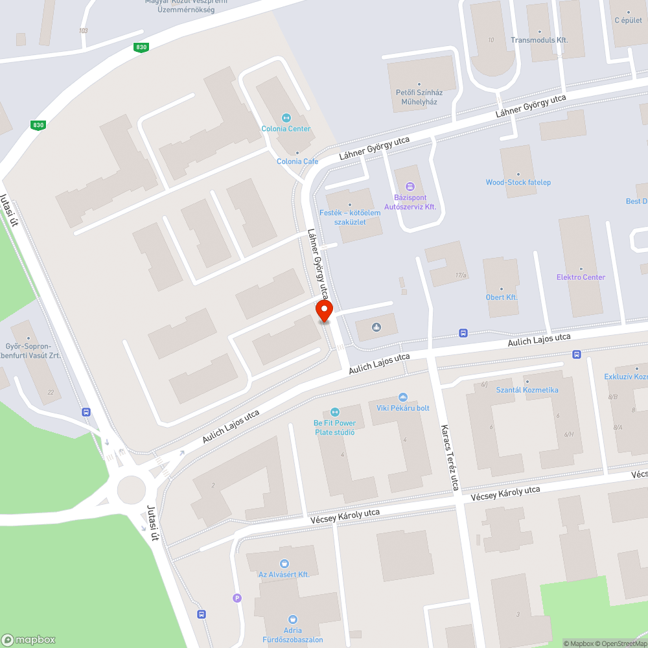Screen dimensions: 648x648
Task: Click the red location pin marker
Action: point(324,311)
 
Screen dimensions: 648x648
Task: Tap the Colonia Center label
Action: point(286,128)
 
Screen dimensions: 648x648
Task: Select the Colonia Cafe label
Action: point(297,161)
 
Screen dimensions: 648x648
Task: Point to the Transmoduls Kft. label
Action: point(539,40)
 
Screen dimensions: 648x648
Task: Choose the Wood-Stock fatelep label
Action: point(518,182)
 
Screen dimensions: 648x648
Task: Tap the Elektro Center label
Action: point(581,277)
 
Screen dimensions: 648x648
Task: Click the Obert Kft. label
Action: point(502,297)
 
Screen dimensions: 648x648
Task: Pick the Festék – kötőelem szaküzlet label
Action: point(350,217)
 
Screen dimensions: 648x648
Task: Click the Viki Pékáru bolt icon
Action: point(403,397)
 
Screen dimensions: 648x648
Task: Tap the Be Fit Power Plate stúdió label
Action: point(335,428)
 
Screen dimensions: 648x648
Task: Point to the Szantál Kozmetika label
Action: point(527,390)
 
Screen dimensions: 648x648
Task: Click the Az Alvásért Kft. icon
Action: point(284,564)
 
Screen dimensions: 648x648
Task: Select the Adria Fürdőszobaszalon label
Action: point(294,636)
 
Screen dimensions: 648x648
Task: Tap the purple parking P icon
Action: point(237,598)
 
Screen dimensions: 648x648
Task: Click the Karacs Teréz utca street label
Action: point(450,457)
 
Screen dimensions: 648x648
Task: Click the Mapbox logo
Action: point(29,639)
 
